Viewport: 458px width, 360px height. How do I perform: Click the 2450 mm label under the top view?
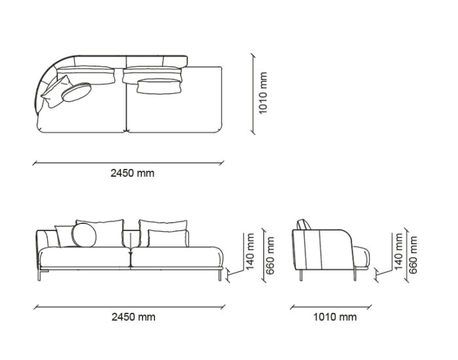132,173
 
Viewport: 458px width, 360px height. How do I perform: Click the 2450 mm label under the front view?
133,317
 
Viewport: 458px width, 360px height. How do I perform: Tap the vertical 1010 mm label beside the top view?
263,93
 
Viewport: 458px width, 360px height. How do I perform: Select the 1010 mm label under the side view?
335,317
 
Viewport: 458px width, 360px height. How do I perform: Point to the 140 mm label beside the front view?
251,251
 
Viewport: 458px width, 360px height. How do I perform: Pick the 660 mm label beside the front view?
270,256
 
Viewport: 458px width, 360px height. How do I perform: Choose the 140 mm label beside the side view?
398,251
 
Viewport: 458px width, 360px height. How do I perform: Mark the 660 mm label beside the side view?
413,255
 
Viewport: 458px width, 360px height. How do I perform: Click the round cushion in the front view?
84,235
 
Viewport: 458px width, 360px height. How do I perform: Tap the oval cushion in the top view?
77,92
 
